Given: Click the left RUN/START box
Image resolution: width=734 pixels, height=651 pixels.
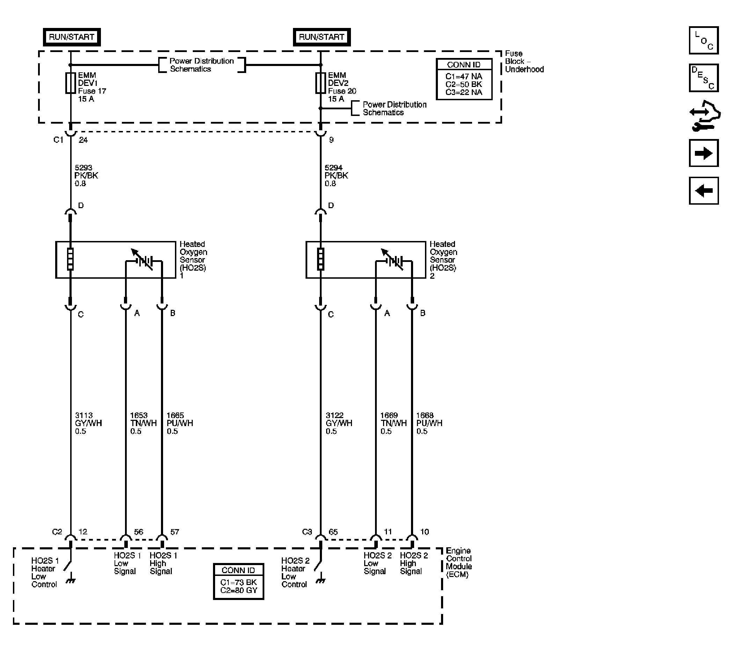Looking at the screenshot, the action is [72, 37].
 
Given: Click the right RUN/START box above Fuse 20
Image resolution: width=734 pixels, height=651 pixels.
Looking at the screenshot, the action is [322, 37].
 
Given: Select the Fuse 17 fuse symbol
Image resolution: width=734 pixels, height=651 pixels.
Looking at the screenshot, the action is [71, 83].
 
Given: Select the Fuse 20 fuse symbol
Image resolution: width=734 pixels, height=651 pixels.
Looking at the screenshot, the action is [320, 83].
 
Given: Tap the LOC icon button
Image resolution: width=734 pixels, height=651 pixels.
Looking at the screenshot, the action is [704, 40].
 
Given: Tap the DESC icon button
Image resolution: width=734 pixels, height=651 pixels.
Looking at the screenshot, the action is [704, 78].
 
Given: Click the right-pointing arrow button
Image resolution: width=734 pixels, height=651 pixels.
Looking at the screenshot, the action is [704, 153].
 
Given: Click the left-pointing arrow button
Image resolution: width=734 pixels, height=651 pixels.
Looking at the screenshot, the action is [704, 191].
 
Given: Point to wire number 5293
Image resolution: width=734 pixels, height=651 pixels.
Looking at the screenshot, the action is [83, 168].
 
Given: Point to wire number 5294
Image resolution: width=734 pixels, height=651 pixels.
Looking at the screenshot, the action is [333, 168].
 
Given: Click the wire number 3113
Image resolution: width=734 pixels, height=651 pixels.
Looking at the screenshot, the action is [84, 416].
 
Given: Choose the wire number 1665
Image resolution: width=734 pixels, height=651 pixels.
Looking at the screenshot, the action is [175, 416].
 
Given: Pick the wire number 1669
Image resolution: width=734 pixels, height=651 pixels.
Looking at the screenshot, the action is [389, 416].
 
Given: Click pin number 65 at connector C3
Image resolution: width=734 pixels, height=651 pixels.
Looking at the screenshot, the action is [333, 532].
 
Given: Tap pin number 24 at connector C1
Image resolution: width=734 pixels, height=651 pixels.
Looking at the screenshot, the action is [83, 140].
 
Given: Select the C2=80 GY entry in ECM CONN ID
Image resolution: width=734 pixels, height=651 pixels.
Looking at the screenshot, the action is [239, 590].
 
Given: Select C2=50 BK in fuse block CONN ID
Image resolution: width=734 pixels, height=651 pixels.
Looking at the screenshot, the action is [464, 85].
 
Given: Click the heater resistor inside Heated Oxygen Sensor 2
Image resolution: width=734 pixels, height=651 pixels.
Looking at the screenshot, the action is [321, 259].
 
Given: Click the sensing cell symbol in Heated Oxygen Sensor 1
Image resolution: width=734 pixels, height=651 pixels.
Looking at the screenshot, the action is [144, 259].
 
